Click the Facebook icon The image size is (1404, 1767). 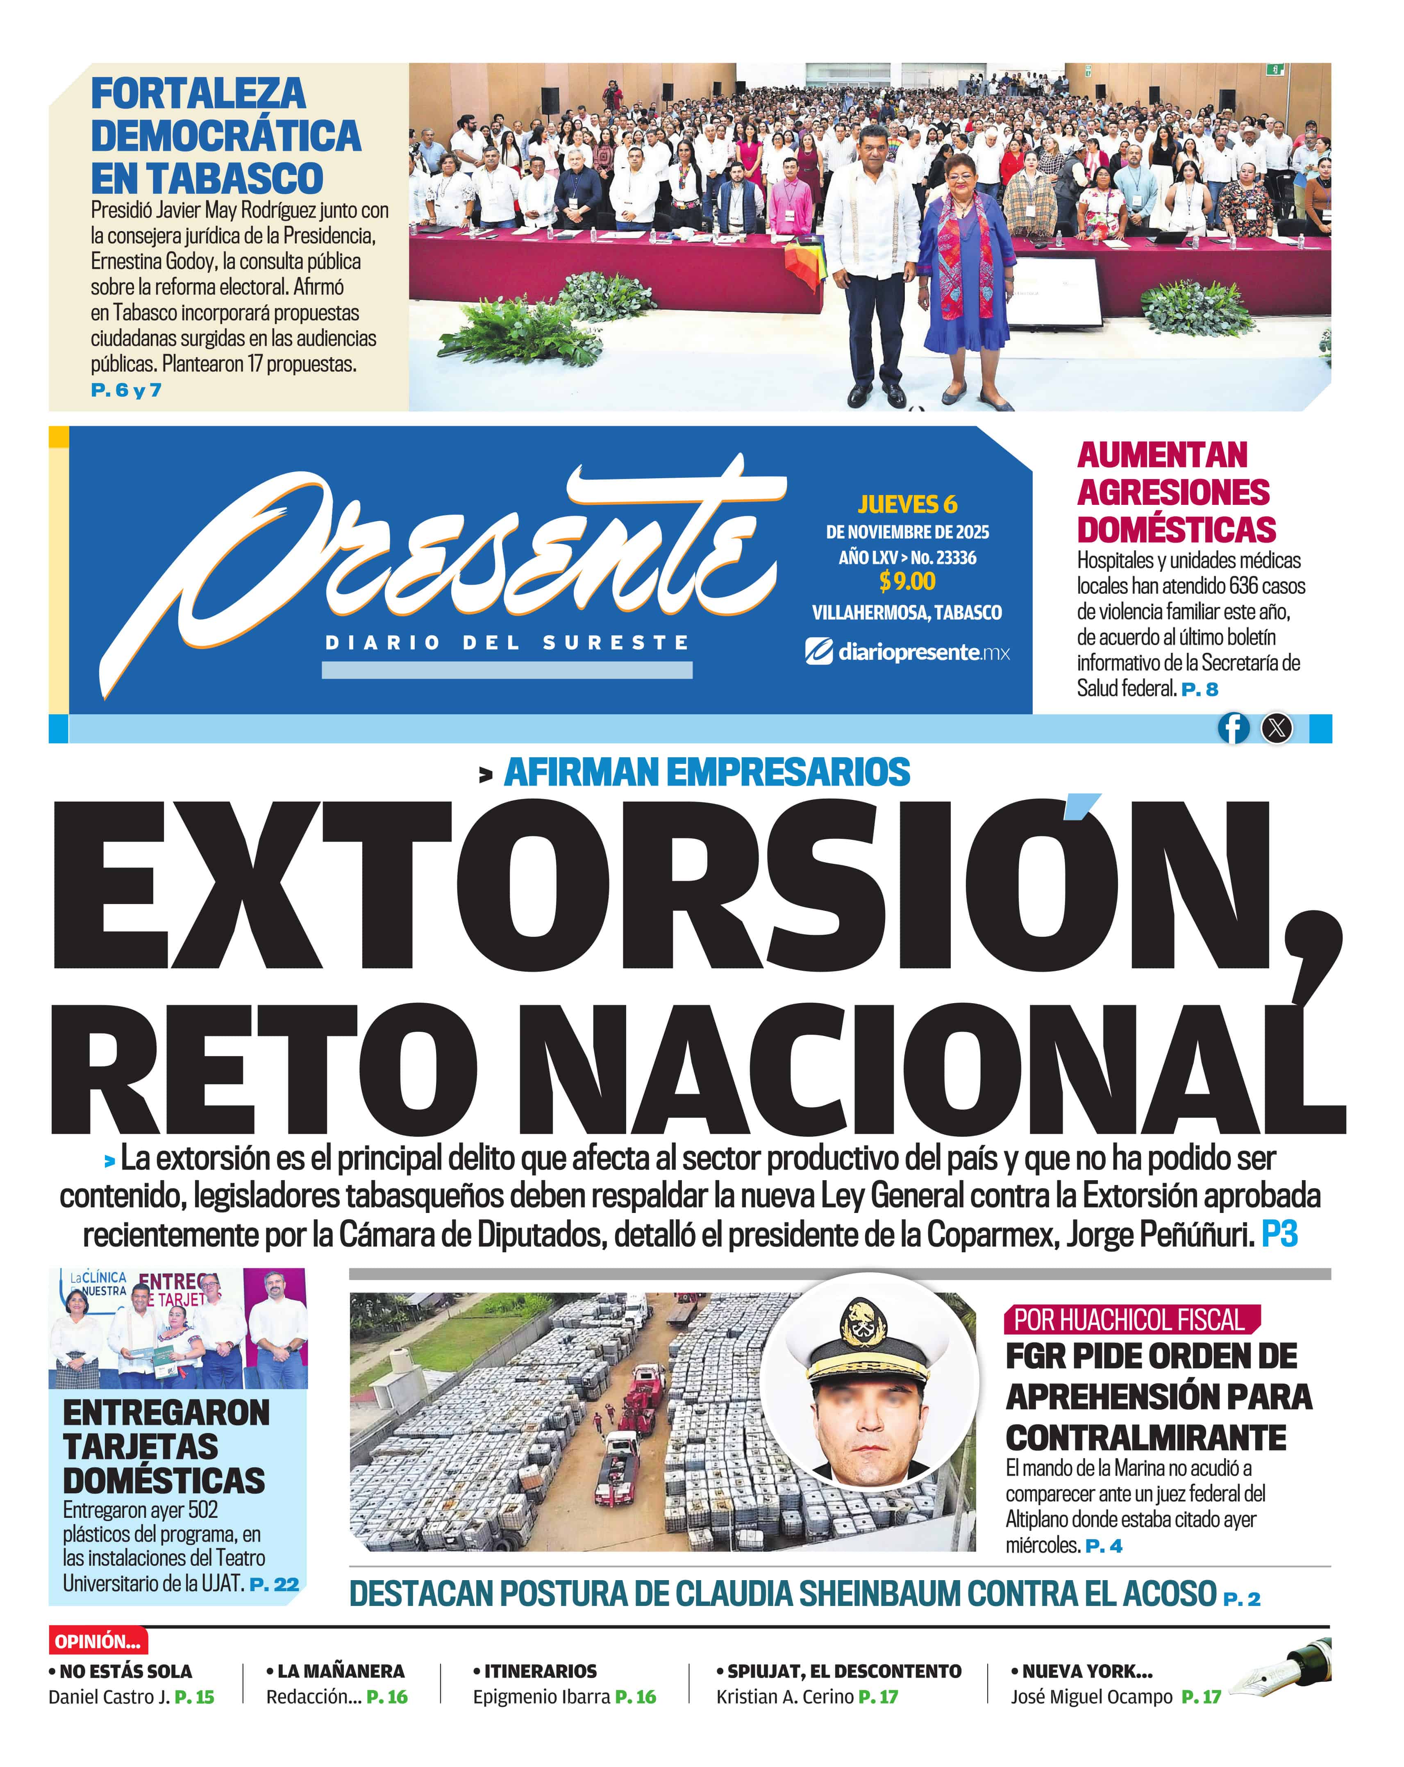1233,728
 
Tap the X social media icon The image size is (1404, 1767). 1276,728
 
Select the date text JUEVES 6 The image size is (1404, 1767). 907,504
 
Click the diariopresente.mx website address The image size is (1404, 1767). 907,652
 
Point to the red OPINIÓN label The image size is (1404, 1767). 98,1641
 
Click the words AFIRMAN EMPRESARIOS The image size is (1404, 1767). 707,772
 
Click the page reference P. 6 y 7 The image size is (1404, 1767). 126,390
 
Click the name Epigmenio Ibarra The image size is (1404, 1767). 541,1697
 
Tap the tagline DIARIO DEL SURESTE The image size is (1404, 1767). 507,643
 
